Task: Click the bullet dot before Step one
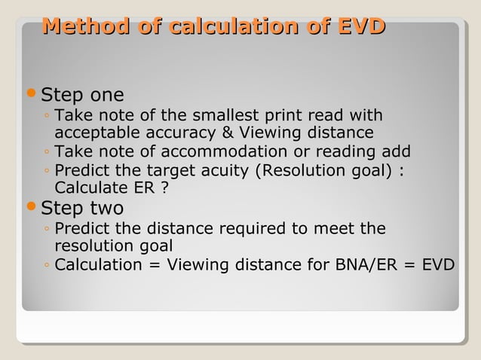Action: tap(31, 94)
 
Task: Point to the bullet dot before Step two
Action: tap(31, 206)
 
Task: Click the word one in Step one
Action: tap(107, 96)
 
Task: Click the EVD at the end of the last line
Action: tap(437, 265)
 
